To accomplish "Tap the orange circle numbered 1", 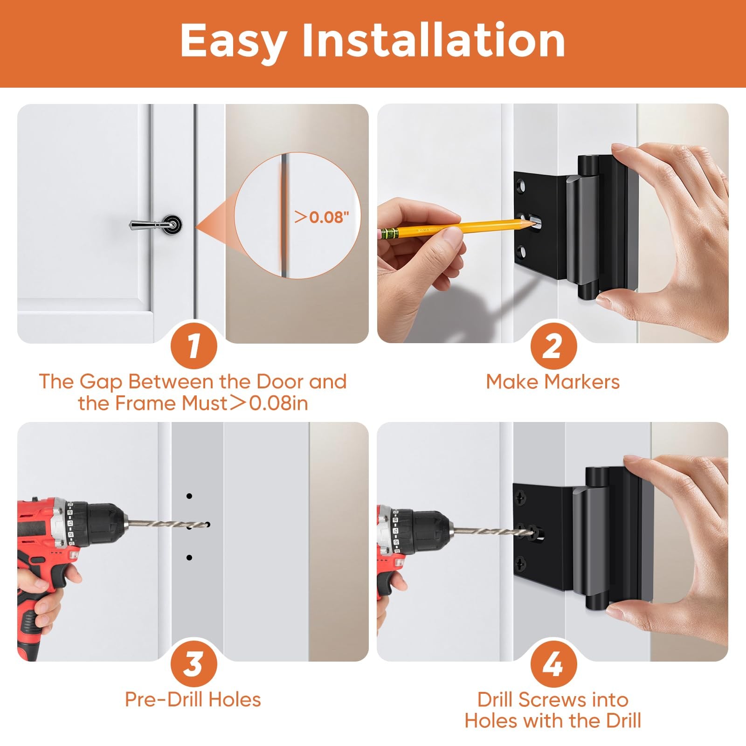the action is pos(193,345).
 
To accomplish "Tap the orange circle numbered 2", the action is pos(553,345).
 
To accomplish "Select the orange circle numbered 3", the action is pos(193,664).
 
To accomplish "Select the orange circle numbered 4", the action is pos(553,664).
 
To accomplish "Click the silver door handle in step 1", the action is pos(156,224).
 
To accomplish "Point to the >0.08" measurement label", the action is pos(322,217).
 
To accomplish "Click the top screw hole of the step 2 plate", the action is pos(522,187).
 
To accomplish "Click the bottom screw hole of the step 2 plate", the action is pos(522,253).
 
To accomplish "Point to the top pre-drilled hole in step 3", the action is pos(189,496).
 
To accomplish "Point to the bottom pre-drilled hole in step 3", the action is pos(189,558).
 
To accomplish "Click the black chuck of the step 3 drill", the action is pos(100,523).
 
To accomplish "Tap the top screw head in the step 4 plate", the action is pos(520,499).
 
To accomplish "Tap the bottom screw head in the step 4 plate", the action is pos(520,562).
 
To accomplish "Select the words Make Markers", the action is pos(553,382).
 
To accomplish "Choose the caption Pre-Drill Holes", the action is pos(193,700).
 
